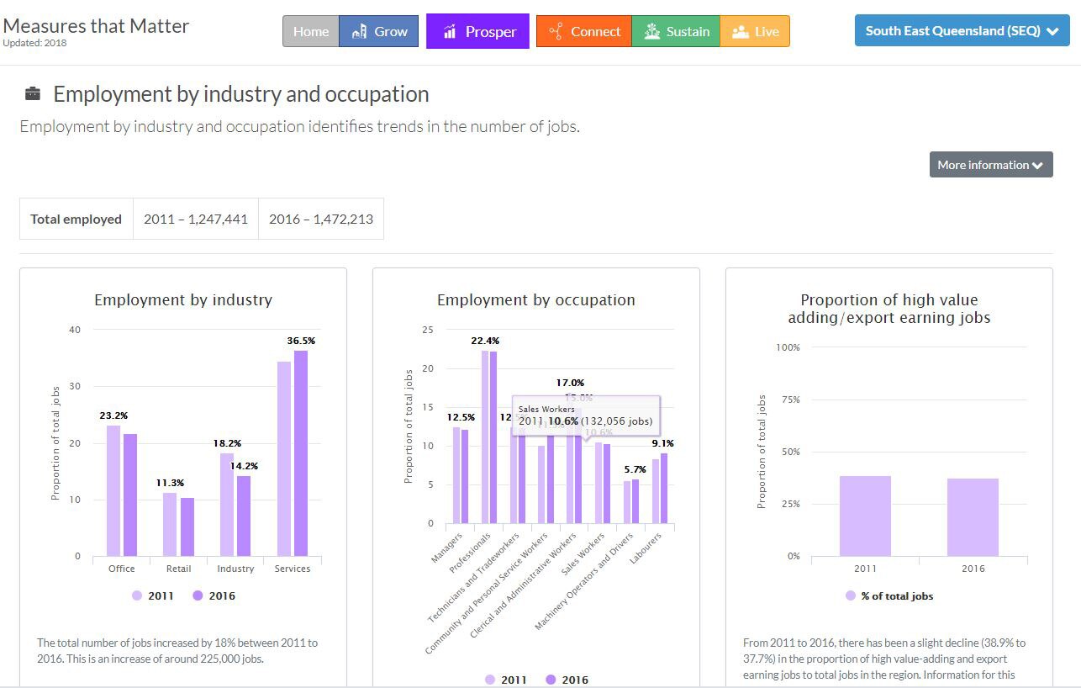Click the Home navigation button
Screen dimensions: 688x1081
[310, 32]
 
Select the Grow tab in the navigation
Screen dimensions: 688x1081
[379, 32]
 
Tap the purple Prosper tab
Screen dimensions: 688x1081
[477, 32]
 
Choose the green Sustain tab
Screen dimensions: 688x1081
[676, 32]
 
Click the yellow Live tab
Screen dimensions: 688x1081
[755, 32]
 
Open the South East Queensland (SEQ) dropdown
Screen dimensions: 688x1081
[962, 31]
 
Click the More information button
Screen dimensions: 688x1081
[990, 165]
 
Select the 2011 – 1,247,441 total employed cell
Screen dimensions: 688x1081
[195, 219]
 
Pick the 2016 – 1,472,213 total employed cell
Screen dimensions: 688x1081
[320, 219]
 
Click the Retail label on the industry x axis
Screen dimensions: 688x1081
[178, 569]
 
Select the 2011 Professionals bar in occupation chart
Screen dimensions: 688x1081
[485, 437]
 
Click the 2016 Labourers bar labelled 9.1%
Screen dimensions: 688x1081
[664, 488]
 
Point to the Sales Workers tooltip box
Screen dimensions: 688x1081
[586, 415]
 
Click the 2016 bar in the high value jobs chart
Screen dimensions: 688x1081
[973, 516]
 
